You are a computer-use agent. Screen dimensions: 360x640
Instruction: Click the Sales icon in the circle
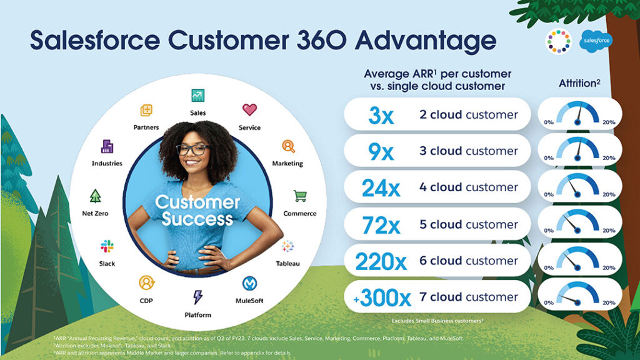coord(198,96)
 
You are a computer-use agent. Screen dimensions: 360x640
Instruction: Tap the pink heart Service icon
coord(249,110)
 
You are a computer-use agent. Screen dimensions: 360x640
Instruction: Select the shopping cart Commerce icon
coord(299,196)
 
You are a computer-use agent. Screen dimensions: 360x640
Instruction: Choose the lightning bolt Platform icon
coord(197,297)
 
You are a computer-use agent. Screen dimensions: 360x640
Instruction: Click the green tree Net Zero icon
coord(95,196)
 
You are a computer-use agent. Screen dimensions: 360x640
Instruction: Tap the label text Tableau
coord(287,264)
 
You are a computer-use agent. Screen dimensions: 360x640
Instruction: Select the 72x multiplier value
coord(381,225)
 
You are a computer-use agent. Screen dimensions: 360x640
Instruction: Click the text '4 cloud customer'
coord(469,187)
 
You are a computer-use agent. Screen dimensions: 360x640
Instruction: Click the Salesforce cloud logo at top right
coord(597,40)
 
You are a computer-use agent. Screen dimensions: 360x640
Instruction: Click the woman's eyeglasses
coord(192,149)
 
